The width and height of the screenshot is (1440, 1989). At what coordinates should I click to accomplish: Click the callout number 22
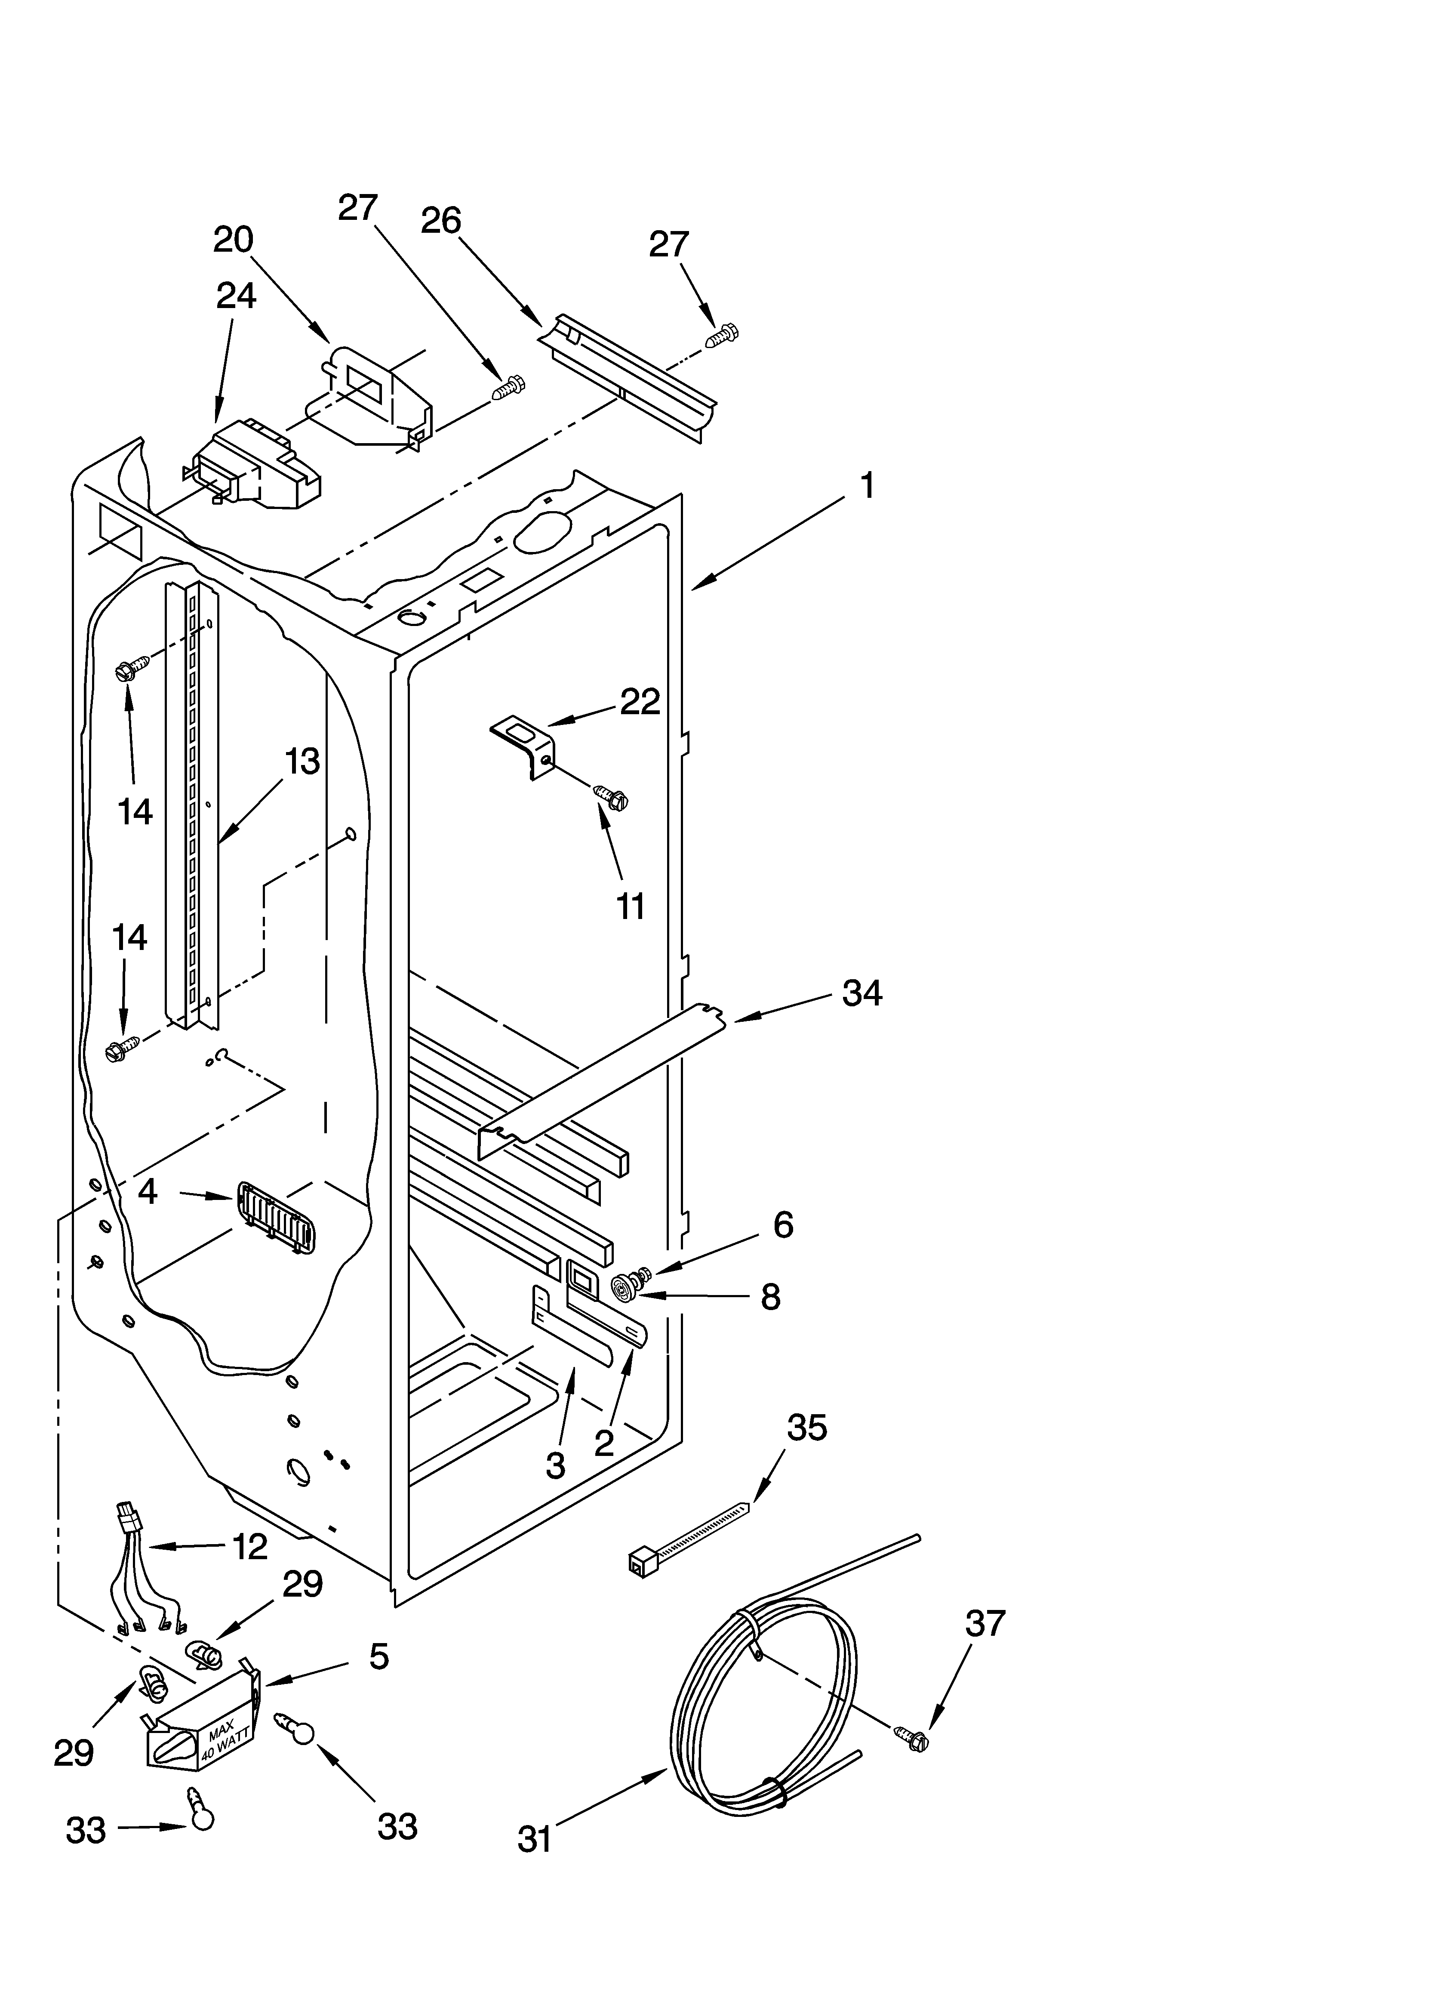coord(639,702)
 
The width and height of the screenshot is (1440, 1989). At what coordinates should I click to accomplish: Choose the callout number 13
coord(302,761)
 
